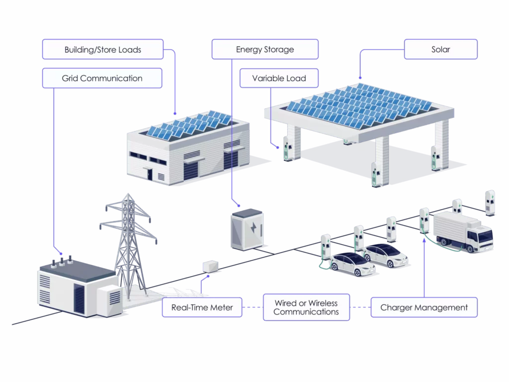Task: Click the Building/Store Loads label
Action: [x=103, y=50]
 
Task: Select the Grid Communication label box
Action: [x=102, y=78]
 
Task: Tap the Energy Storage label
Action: [x=264, y=50]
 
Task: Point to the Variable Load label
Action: [x=278, y=78]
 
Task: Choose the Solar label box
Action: [x=440, y=50]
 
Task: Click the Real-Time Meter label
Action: [x=202, y=307]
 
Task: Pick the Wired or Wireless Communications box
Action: [x=306, y=307]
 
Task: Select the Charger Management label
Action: [x=424, y=307]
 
